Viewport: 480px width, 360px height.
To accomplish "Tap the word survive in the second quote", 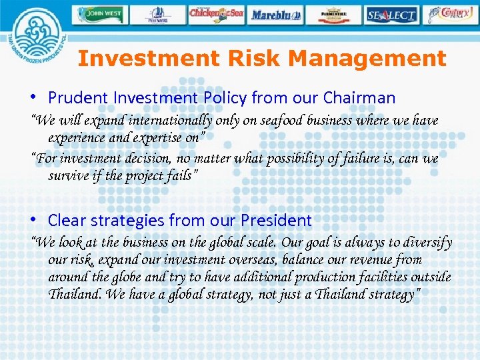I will point(69,176).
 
